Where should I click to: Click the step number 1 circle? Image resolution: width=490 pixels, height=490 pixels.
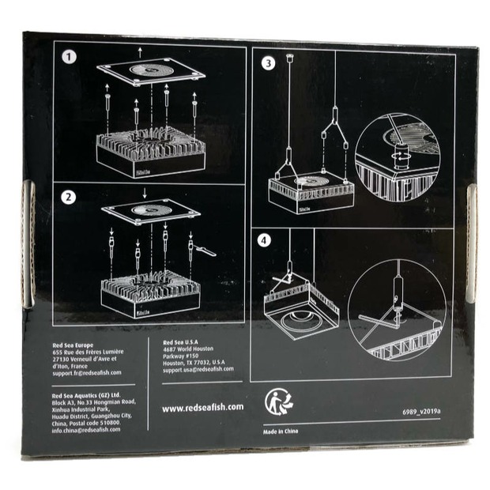tap(70, 58)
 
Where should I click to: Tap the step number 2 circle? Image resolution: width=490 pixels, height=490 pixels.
tap(70, 198)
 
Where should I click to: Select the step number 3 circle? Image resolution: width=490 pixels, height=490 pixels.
tap(268, 62)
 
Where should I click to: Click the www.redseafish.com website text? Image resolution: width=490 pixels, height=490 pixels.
tap(202, 408)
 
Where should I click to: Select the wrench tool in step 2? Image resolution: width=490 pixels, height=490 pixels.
tap(204, 251)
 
